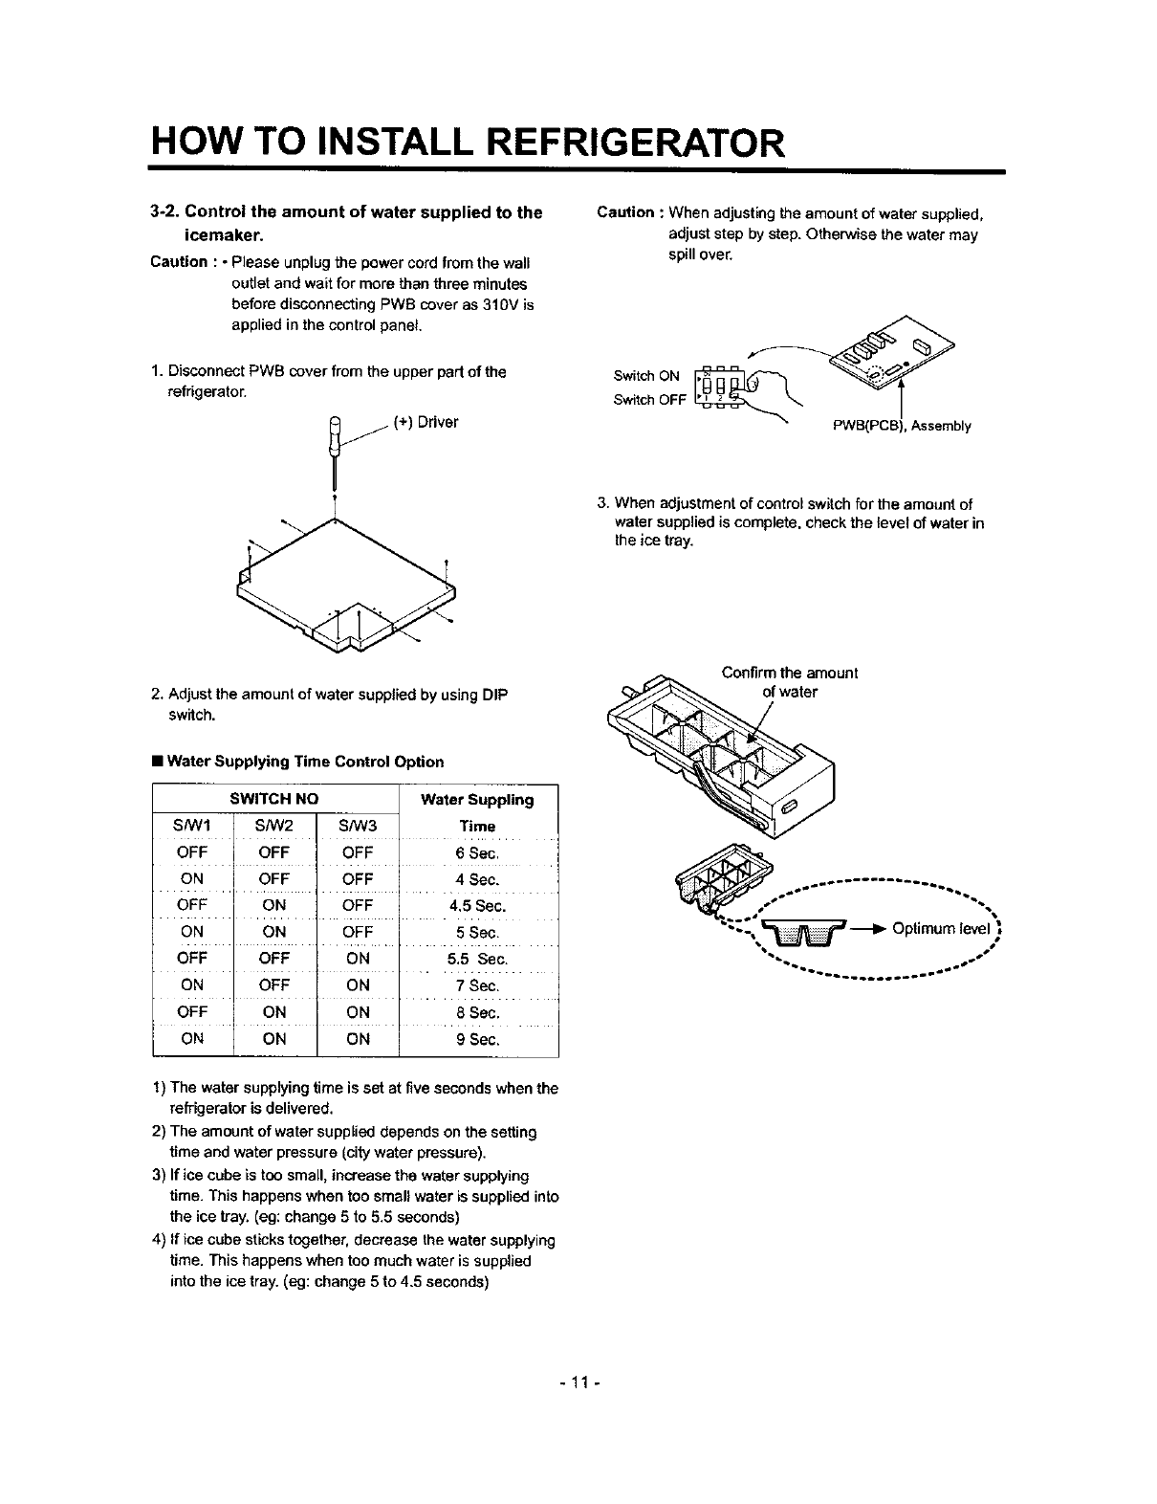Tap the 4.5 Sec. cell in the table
coord(477,905)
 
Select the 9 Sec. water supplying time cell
coord(477,1038)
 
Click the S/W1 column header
coord(192,826)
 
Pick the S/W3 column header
coord(358,826)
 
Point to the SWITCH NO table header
coord(274,799)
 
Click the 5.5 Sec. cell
coord(477,959)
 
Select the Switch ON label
coord(646,375)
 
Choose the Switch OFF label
coord(649,400)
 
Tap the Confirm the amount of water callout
coord(790,682)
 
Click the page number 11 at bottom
coord(578,1382)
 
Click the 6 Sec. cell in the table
coord(477,852)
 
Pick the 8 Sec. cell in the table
coord(477,1012)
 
